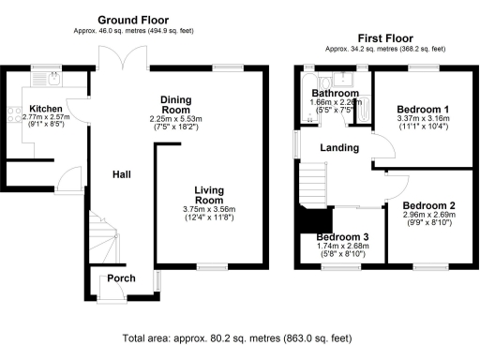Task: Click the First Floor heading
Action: click(381, 37)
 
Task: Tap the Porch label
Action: click(121, 278)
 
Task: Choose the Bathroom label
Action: click(336, 94)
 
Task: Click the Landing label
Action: click(340, 148)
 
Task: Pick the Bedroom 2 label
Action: click(428, 205)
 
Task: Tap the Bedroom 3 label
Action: click(342, 237)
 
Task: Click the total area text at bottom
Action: click(239, 337)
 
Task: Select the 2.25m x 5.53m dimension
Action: click(175, 119)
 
